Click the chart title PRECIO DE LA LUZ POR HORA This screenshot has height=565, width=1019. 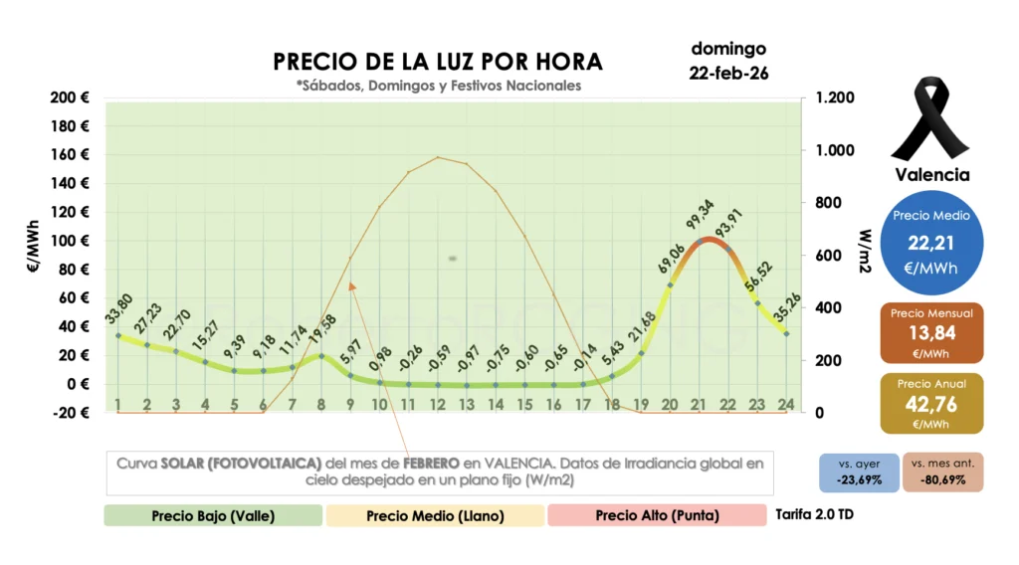438,61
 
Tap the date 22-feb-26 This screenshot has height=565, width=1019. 728,74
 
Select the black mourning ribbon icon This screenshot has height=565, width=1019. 931,119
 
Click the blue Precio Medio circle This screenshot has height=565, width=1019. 931,242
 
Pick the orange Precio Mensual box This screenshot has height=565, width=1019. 931,332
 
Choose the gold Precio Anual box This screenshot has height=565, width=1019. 931,404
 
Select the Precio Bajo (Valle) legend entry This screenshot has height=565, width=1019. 213,515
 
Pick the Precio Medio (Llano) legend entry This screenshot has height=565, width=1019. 435,515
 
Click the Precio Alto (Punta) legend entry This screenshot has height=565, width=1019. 657,515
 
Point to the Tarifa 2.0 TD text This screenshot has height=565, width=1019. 814,515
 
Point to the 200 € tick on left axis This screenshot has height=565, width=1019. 71,97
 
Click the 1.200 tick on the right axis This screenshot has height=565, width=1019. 835,97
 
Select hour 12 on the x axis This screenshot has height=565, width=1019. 438,405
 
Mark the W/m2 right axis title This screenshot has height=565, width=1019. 866,255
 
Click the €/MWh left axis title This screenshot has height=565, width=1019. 33,255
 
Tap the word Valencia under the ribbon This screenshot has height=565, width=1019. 931,175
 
